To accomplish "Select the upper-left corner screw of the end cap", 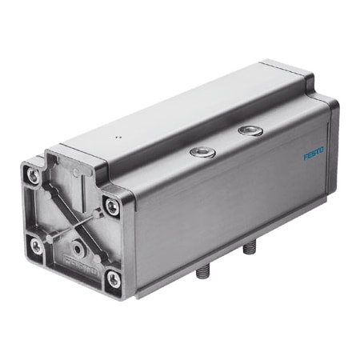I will pyautogui.click(x=34, y=176).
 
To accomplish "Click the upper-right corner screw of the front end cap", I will pyautogui.click(x=112, y=206).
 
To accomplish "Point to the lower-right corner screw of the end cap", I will pyautogui.click(x=114, y=278).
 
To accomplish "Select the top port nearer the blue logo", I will pyautogui.click(x=250, y=130).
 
